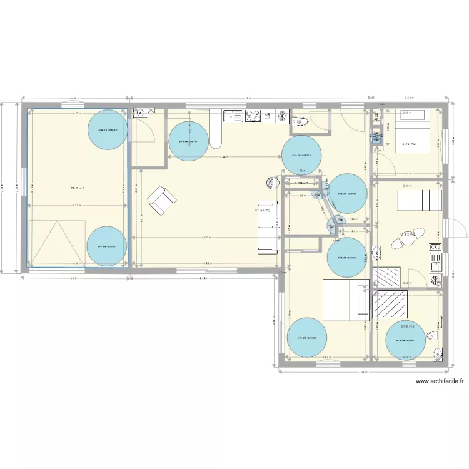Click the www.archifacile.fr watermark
click(x=441, y=381)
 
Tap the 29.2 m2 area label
click(x=78, y=187)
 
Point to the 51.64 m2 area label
click(x=263, y=210)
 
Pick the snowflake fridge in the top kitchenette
click(x=283, y=116)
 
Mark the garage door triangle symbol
click(x=56, y=244)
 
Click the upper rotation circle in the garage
click(x=108, y=129)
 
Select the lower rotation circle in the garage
click(x=106, y=246)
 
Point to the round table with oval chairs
click(x=410, y=234)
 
